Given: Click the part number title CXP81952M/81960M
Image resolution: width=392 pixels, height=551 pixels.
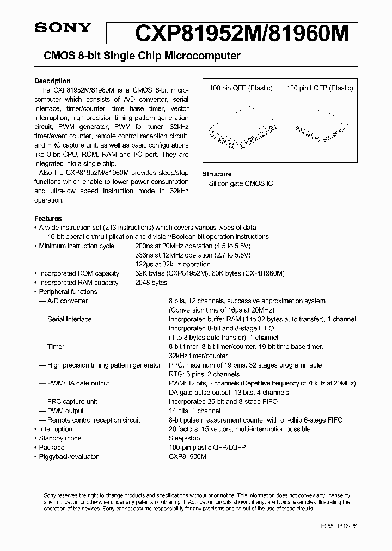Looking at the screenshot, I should pyautogui.click(x=240, y=33).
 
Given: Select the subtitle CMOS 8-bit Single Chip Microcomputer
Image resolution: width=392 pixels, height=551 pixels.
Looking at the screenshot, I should pyautogui.click(x=138, y=56).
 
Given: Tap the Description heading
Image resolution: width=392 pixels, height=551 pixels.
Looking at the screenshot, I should pyautogui.click(x=52, y=81).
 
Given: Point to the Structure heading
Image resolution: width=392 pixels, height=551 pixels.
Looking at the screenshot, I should pyautogui.click(x=217, y=174).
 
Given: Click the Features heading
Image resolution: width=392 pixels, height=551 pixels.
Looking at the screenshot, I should pyautogui.click(x=48, y=218).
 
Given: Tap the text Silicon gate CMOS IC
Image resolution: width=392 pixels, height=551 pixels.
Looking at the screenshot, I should pyautogui.click(x=241, y=183).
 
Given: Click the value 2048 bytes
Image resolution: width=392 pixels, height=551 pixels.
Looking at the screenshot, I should pyautogui.click(x=151, y=283).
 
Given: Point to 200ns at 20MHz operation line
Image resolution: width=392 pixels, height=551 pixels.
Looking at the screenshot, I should pyautogui.click(x=193, y=246).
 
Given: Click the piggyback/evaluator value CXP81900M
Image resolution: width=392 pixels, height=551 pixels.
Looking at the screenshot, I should pyautogui.click(x=187, y=457).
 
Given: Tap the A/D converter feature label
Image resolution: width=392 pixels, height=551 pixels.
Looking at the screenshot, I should pyautogui.click(x=67, y=301).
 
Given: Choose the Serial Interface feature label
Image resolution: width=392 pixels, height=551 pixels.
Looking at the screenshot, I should pyautogui.click(x=69, y=319).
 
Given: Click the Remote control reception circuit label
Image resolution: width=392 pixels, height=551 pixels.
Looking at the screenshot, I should pyautogui.click(x=93, y=420).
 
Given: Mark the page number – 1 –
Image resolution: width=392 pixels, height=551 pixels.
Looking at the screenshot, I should pyautogui.click(x=196, y=523).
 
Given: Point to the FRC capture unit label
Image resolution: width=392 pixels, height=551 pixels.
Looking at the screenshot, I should pyautogui.click(x=72, y=402).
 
